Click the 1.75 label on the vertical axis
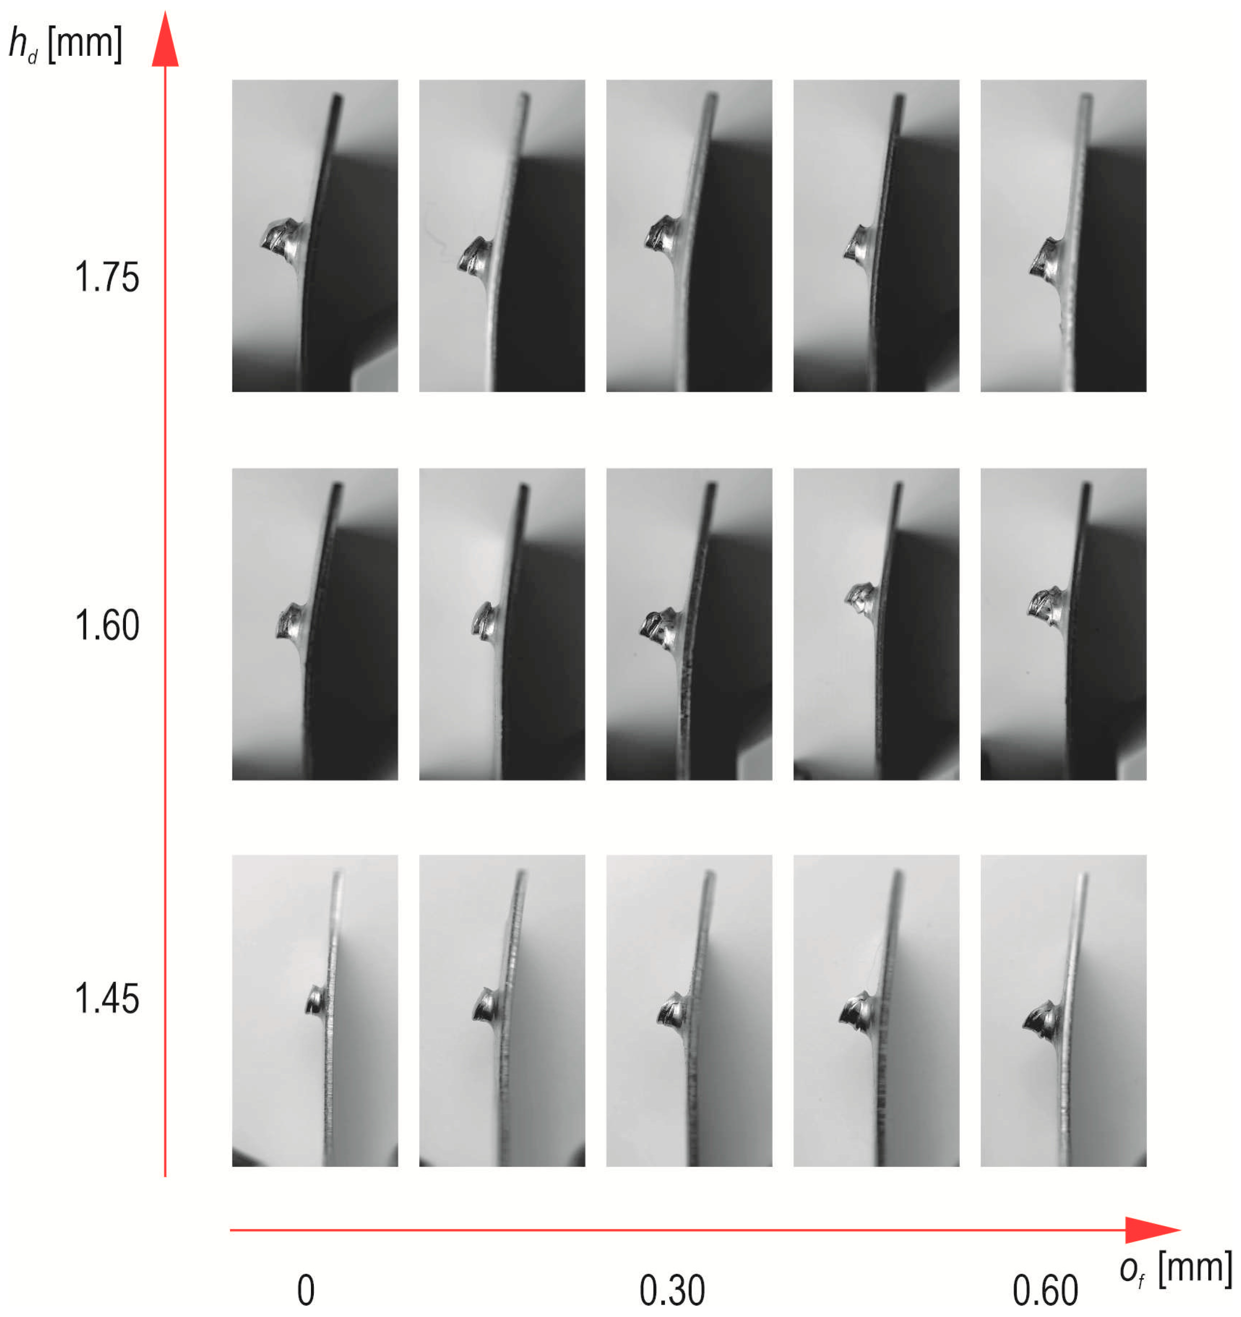click(x=106, y=277)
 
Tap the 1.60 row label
click(x=106, y=626)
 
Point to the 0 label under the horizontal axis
click(x=305, y=1290)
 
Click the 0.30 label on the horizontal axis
click(x=672, y=1290)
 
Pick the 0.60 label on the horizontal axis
click(x=1046, y=1290)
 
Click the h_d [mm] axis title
click(x=65, y=44)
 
